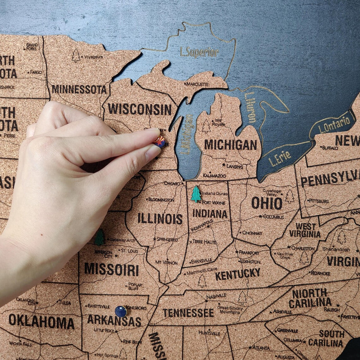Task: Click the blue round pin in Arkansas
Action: coord(121,311)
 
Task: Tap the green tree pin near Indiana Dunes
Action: coord(196,194)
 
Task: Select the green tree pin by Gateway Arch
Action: coord(99,237)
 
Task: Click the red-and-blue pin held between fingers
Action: coord(160,141)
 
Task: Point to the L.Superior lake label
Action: coord(199,52)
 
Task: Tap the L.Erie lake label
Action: coord(279,159)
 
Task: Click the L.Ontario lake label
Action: coord(334,125)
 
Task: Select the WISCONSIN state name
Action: coord(140,109)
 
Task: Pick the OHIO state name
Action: coord(267,203)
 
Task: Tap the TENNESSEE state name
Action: coord(188,313)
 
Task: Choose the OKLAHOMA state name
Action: coord(41,321)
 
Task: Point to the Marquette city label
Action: coord(197,84)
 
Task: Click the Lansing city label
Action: coord(234,166)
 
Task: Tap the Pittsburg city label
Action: coord(319,201)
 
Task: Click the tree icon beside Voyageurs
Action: coord(76,56)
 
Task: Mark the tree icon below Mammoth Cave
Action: coord(202,281)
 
